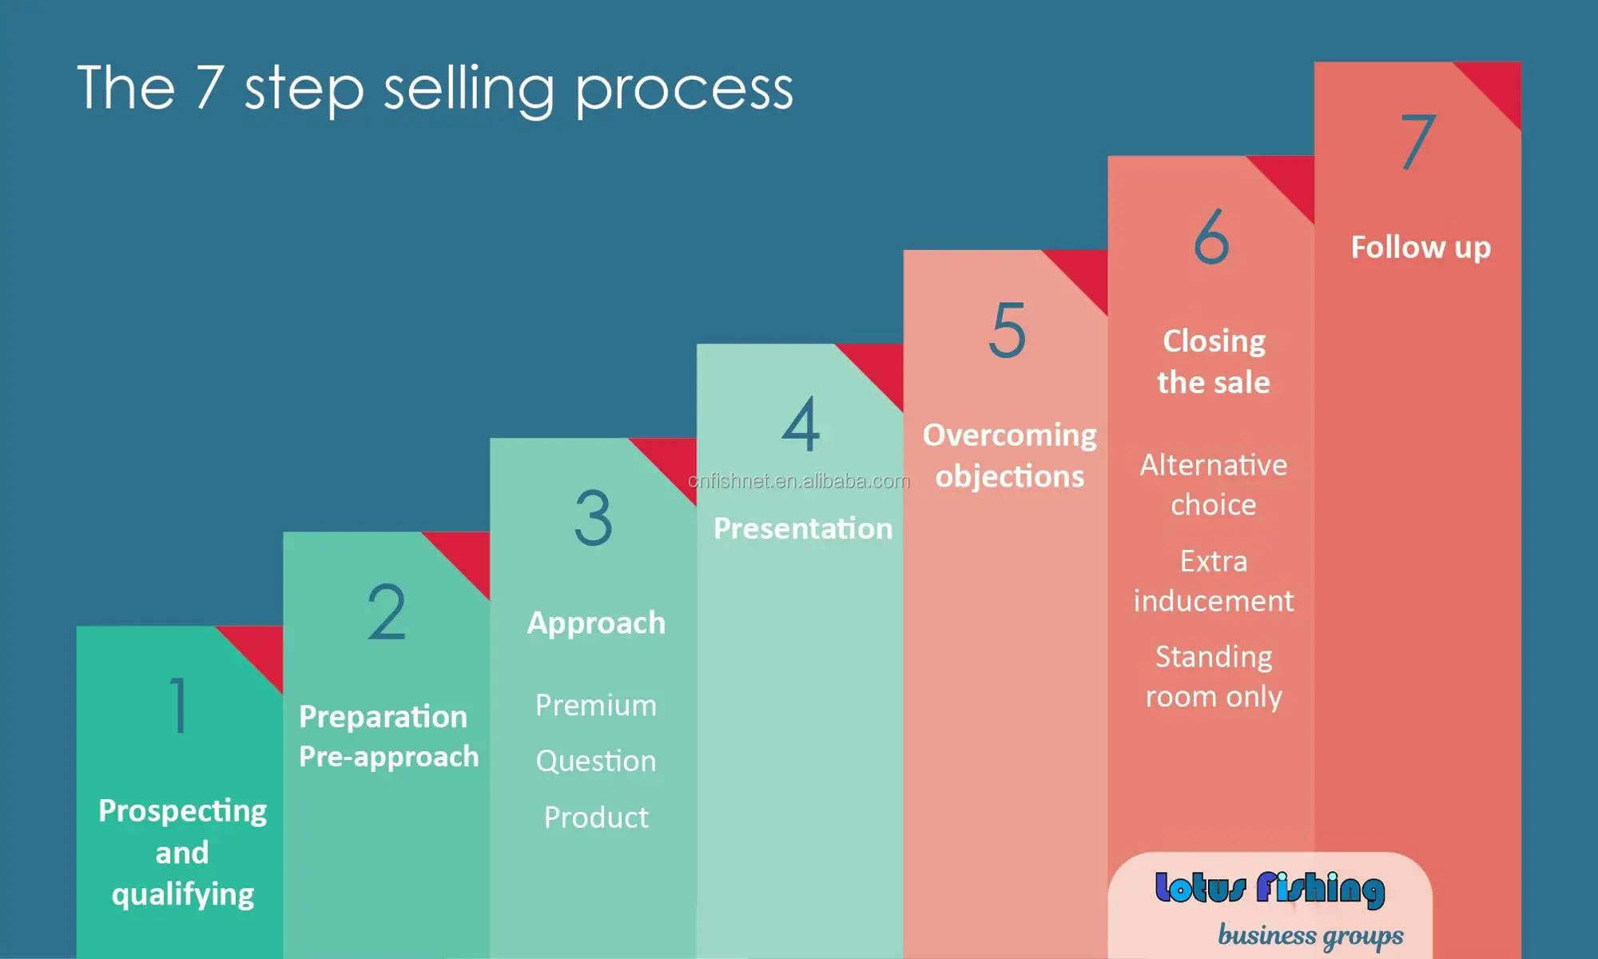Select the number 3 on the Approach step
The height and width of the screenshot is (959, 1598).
(594, 518)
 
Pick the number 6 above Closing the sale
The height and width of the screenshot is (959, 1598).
(1211, 236)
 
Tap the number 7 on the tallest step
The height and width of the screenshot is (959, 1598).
(1418, 141)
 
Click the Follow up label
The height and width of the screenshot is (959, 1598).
(1421, 248)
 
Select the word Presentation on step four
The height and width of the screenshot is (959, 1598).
(802, 529)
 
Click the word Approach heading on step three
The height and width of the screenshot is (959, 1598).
(596, 623)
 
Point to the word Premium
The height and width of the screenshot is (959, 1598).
(596, 706)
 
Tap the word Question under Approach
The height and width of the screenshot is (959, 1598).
(596, 762)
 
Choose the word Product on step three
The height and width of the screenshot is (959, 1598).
(596, 818)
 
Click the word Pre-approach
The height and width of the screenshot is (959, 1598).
(388, 757)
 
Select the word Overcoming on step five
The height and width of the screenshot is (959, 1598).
(1009, 436)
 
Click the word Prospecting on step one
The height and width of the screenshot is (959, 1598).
(182, 812)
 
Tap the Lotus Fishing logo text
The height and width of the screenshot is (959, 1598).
(1270, 889)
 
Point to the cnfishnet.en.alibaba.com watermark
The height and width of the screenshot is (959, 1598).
(799, 481)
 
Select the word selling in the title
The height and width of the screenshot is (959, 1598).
(469, 90)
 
